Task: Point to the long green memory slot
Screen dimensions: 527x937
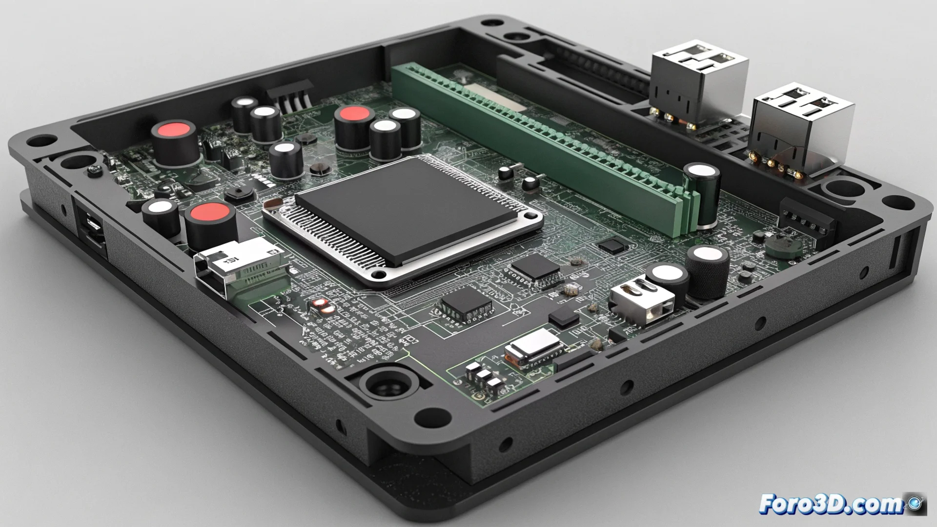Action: point(537,142)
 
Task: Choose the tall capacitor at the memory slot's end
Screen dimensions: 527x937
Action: point(703,195)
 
